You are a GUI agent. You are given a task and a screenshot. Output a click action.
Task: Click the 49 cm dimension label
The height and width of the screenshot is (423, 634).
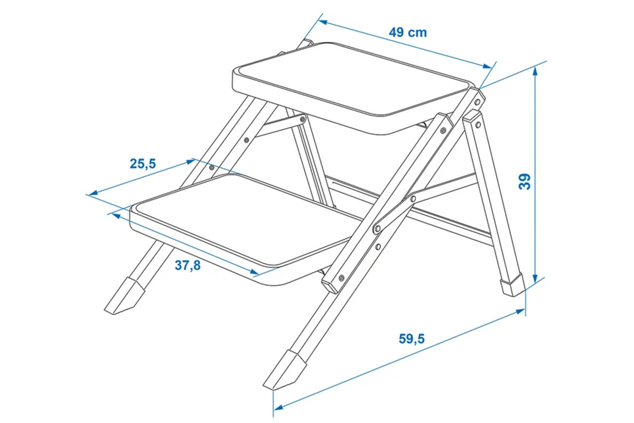pyautogui.click(x=407, y=33)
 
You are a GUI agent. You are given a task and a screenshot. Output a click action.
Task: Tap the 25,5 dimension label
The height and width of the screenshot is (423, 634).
pyautogui.click(x=143, y=164)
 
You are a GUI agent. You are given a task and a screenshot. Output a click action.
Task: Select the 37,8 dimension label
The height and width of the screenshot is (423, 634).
pyautogui.click(x=188, y=265)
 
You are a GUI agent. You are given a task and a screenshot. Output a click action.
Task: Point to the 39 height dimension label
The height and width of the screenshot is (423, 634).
pyautogui.click(x=525, y=181)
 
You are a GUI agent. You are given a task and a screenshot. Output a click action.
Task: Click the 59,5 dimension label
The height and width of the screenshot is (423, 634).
pyautogui.click(x=412, y=339)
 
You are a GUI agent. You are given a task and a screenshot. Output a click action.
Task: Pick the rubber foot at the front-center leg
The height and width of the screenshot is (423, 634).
pyautogui.click(x=285, y=370)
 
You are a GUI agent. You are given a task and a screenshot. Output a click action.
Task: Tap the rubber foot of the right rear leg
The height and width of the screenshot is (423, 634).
pyautogui.click(x=513, y=285)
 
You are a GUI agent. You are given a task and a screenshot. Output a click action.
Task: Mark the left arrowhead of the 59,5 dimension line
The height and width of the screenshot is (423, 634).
pyautogui.click(x=278, y=408)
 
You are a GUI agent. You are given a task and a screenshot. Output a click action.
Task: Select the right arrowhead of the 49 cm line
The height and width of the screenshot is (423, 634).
pyautogui.click(x=487, y=66)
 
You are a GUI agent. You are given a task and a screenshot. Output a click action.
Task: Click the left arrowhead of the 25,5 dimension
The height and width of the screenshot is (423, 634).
pyautogui.click(x=94, y=193)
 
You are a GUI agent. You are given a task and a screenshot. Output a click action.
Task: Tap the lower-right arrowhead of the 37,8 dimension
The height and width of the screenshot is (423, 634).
pyautogui.click(x=254, y=272)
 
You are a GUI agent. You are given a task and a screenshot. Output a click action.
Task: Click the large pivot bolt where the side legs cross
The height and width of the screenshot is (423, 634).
pyautogui.click(x=377, y=228)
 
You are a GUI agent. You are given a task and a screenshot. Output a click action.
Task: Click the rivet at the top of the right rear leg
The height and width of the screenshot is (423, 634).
pyautogui.click(x=478, y=125)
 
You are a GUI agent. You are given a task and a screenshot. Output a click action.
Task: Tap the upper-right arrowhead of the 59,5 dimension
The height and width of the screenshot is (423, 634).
pyautogui.click(x=520, y=311)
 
